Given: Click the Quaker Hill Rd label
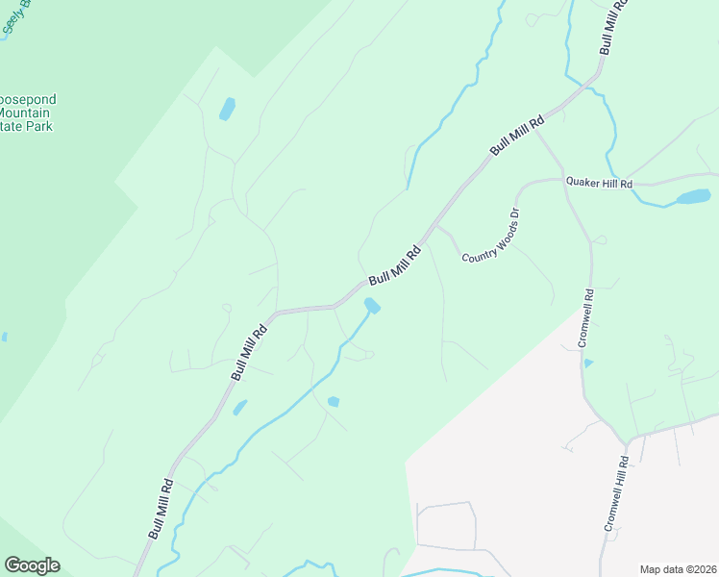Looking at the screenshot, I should click(598, 183).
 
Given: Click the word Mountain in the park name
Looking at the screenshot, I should click(27, 113).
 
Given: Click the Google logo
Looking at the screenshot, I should click(32, 565).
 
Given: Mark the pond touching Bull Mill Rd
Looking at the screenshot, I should click(372, 306).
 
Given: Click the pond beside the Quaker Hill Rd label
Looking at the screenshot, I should click(692, 197).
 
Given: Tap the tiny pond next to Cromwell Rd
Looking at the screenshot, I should click(588, 363).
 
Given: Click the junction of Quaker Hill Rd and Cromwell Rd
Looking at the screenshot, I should click(564, 180).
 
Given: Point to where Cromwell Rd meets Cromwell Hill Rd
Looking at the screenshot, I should click(625, 443).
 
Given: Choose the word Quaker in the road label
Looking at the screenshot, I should click(582, 182).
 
